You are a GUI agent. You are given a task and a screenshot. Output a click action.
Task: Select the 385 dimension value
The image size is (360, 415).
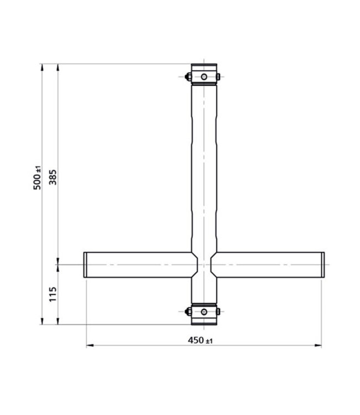coord(54,177)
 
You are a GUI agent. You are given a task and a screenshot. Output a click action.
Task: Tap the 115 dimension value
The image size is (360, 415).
coord(53,294)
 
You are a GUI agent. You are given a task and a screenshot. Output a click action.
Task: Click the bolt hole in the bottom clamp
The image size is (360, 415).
coord(204,312)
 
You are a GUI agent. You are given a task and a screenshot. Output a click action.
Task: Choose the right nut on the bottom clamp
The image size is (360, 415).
coord(219,312)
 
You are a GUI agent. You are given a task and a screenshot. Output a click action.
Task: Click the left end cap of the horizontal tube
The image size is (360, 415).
coord(86,265)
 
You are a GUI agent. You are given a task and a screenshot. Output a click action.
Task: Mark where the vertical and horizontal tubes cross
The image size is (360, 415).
coord(204,265)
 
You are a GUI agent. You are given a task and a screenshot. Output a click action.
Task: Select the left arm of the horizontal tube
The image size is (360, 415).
coord(138,265)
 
